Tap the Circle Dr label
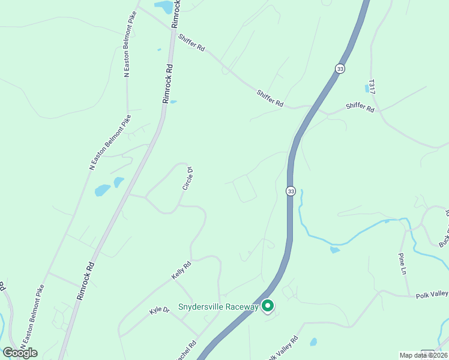pos(187,179)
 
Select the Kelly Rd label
pos(181,270)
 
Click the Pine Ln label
pos(402,262)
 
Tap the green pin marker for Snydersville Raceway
pos(268,306)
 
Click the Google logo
pos(20,353)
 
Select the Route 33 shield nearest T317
pos(340,68)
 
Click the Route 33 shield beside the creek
pos(291,191)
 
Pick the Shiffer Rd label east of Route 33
pos(360,109)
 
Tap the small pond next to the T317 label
pos(367,88)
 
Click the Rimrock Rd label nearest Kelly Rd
pos(86,281)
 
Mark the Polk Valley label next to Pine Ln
pos(431,293)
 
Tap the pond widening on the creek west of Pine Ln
pos(334,249)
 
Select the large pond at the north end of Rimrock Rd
pos(163,7)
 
